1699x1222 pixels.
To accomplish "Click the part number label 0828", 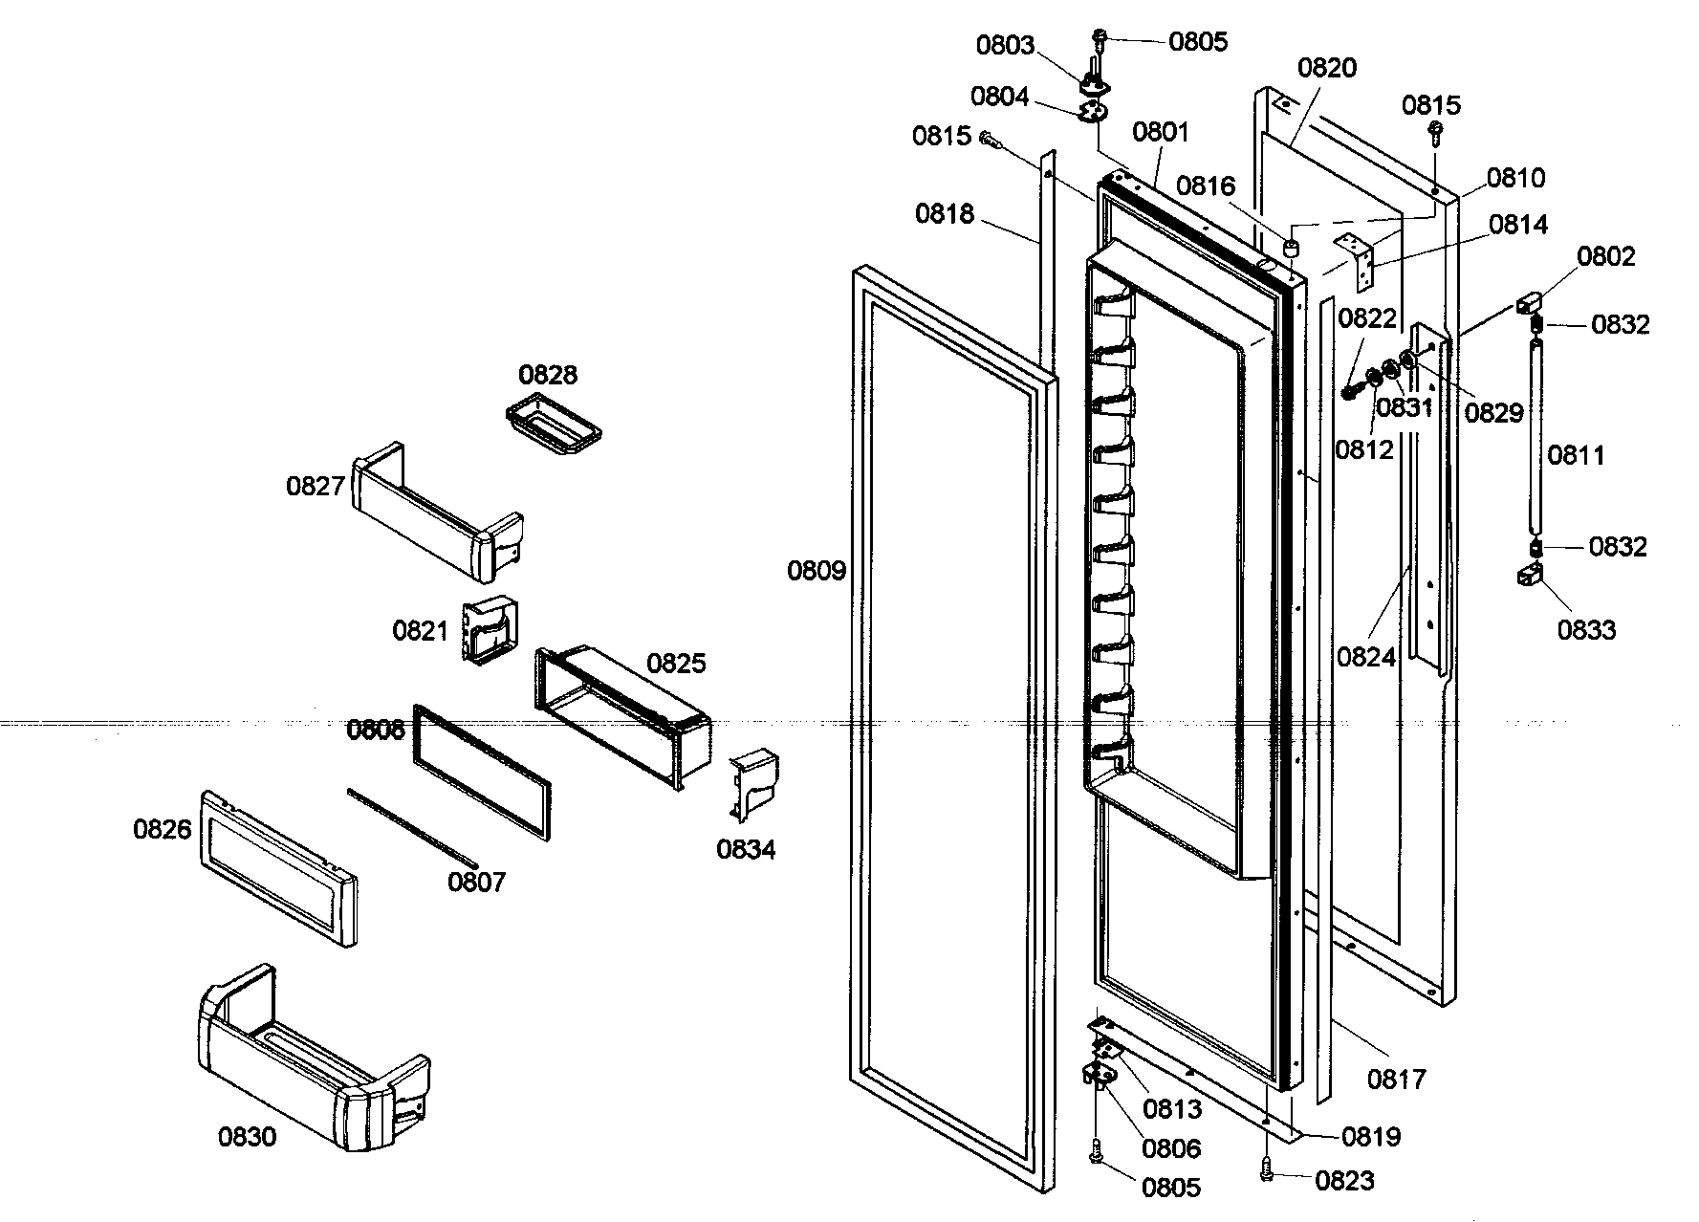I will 548,374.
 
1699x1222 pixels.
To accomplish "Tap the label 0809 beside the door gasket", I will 817,572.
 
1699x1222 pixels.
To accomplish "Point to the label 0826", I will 163,829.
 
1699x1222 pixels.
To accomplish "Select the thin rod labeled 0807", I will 411,827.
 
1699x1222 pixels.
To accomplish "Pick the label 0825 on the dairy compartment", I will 676,663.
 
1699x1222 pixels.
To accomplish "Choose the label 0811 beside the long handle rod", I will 1576,454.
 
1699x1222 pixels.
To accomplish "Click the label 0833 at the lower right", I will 1586,630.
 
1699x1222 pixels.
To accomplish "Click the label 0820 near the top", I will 1327,67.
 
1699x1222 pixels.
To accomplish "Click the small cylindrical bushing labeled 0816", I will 1291,249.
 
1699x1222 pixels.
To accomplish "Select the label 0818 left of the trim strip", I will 945,213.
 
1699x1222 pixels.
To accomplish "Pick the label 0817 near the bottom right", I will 1396,1079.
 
